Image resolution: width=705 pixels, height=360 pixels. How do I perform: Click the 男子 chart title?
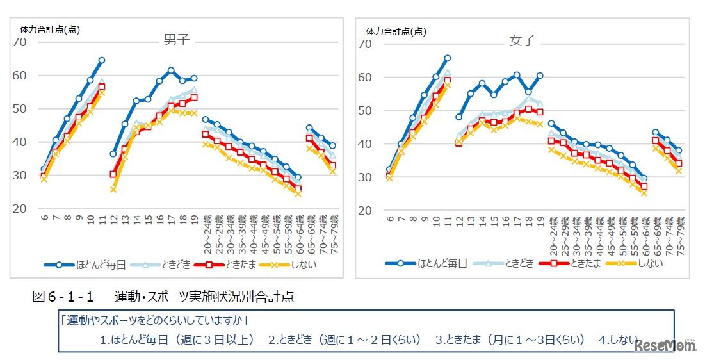coord(177,40)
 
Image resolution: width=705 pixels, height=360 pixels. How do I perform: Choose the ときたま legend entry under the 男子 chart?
coord(237,263)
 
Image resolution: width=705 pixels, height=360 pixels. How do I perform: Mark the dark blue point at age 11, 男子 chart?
coord(101,60)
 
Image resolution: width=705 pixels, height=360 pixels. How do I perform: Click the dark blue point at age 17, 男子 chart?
coord(171,70)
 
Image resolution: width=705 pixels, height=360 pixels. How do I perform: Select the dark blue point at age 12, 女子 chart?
coord(458,117)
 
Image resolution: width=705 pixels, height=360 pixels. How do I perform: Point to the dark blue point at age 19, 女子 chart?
coord(540,76)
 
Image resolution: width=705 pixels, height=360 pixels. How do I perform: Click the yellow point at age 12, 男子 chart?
coord(113,190)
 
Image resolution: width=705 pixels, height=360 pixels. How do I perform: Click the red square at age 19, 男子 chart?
coord(194,97)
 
